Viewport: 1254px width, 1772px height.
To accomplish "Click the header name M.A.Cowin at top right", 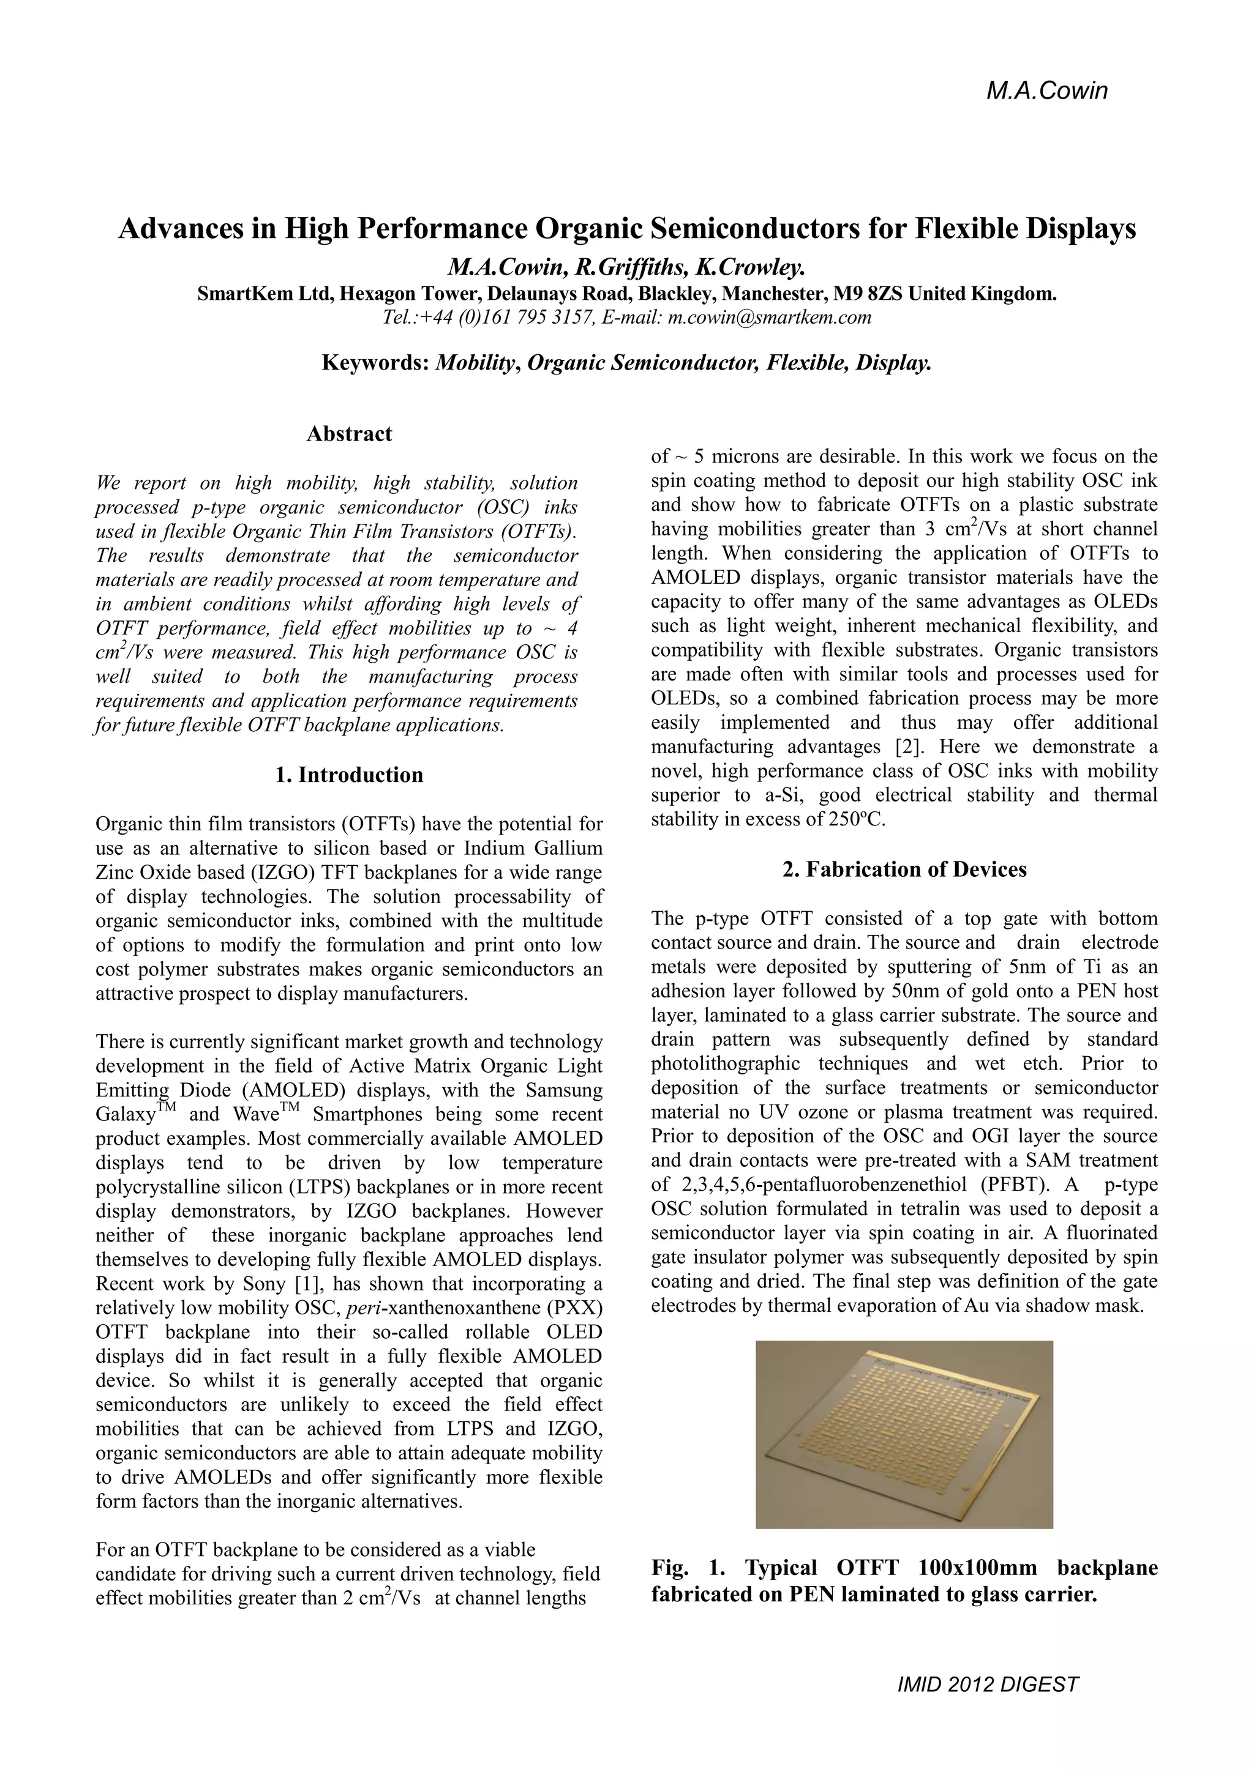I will tap(1046, 91).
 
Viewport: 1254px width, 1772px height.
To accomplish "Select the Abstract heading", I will tap(349, 434).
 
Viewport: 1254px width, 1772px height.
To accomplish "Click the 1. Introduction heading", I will tap(349, 775).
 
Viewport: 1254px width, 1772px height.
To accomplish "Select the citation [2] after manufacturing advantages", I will tap(907, 746).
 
